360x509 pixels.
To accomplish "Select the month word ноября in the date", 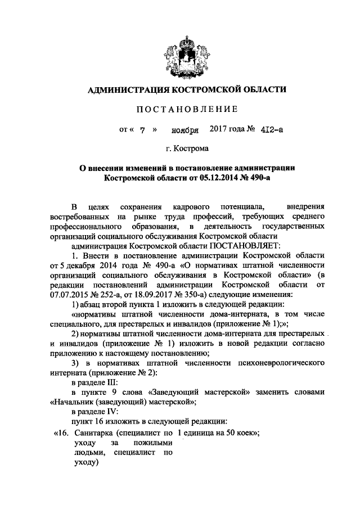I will click(x=186, y=130).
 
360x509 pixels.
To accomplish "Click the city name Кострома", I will click(x=190, y=150).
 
